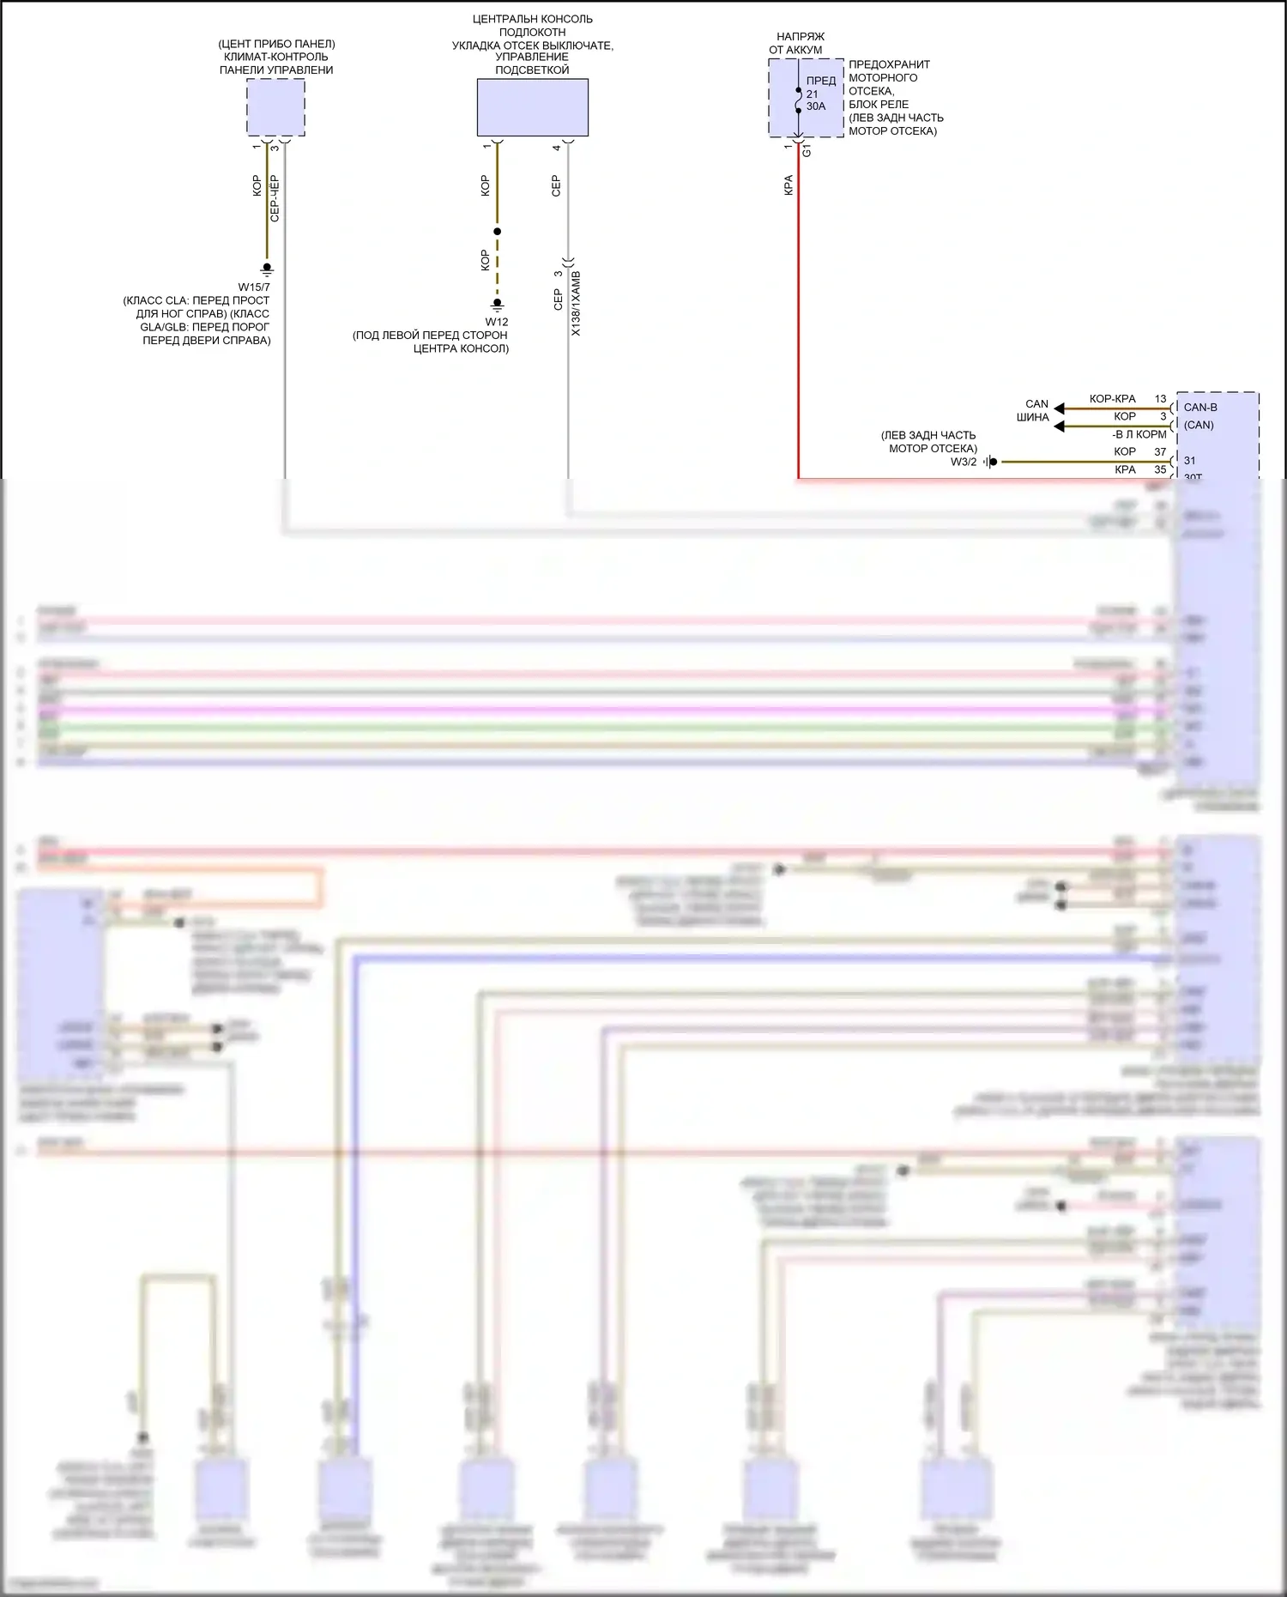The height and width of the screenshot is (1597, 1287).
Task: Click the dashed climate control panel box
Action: tap(275, 107)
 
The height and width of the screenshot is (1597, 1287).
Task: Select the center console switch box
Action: tap(532, 107)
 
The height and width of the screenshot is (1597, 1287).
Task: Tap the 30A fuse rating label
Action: tap(816, 106)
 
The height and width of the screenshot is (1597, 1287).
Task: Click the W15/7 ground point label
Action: tap(254, 287)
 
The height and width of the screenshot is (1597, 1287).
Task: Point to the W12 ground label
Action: tap(497, 323)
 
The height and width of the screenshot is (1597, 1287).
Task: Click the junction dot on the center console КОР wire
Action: tap(498, 232)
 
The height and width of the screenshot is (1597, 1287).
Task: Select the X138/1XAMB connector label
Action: tap(576, 304)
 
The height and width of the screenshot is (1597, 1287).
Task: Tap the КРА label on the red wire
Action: tap(789, 185)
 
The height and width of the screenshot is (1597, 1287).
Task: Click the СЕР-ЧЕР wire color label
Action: tap(275, 199)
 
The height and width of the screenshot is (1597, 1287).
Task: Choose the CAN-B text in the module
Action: tap(1200, 408)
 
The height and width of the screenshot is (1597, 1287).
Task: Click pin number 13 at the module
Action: tap(1160, 399)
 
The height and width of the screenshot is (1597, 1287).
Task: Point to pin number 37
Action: tap(1160, 452)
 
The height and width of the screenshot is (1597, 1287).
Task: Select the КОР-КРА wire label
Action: tap(1112, 399)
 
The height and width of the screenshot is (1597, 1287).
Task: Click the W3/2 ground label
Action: tap(964, 463)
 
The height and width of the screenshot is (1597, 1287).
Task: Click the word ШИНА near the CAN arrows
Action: tap(1032, 418)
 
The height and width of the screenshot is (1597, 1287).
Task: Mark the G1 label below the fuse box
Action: tap(807, 150)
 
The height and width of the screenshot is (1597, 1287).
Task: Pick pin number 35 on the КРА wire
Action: tap(1160, 470)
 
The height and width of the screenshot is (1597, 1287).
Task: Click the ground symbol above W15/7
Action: tap(267, 269)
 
